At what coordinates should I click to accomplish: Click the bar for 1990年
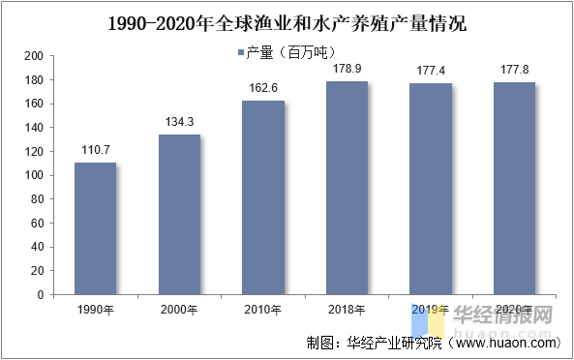(x=96, y=228)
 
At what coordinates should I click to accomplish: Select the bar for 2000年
(x=179, y=214)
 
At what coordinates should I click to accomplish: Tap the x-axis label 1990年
(x=96, y=310)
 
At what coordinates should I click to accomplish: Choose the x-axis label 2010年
(x=263, y=310)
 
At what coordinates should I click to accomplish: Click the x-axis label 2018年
(x=347, y=310)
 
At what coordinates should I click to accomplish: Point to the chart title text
(x=287, y=21)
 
